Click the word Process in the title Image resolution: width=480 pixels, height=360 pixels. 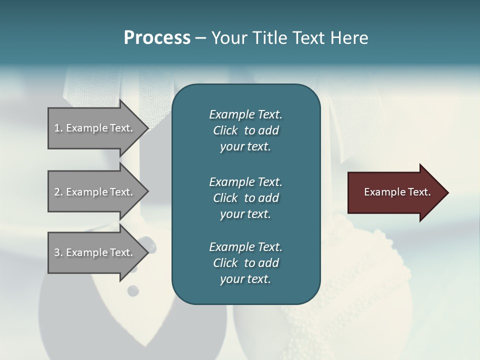pos(157,38)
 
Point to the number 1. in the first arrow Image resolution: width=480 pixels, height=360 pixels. pos(58,128)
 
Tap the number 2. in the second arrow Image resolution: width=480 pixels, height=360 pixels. pos(58,192)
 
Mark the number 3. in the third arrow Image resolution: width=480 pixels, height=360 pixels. pos(58,252)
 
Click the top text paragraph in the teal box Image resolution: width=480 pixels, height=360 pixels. pos(245,130)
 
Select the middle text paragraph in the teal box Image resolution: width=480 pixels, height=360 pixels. pos(245,198)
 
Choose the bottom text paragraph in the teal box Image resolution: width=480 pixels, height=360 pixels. pos(245,263)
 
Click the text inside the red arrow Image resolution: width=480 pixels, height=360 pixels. pos(397,192)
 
